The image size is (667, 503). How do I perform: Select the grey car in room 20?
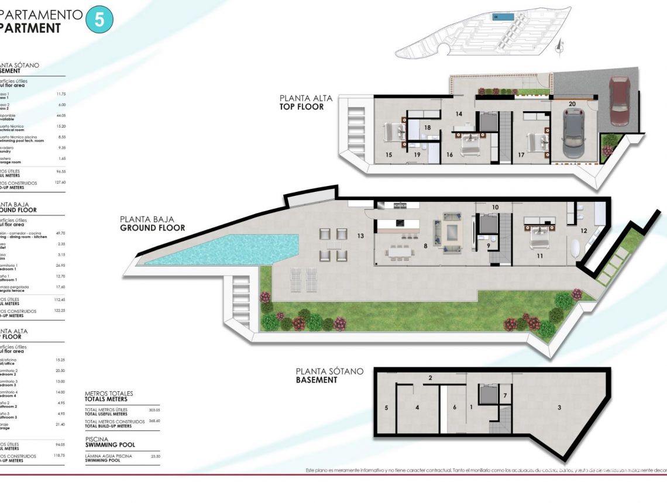coord(573,134)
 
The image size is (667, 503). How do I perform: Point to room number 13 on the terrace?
coord(360,236)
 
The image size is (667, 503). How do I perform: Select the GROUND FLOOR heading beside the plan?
coord(152,228)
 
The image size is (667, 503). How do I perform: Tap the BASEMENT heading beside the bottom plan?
coord(317,380)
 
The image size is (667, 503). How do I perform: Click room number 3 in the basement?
coord(559,407)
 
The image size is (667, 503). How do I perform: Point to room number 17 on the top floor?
coord(521,155)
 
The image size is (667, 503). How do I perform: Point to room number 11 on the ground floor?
coord(539,256)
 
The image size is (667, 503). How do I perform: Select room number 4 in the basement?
coord(417,407)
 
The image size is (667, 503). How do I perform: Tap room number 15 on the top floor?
coord(388,155)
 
